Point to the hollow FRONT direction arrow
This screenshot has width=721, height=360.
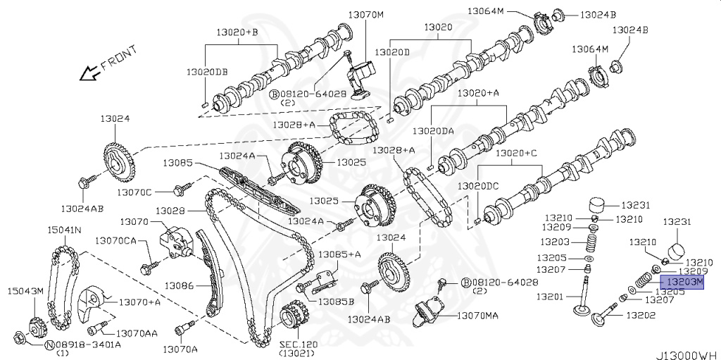(x=89, y=72)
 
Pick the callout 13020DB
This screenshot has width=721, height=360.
(x=207, y=73)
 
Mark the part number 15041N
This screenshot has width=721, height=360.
(x=64, y=230)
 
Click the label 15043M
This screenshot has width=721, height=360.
(x=25, y=292)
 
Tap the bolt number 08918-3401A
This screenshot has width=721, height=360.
(x=87, y=345)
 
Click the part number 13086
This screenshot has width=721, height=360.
(x=180, y=286)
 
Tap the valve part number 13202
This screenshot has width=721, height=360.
(x=641, y=315)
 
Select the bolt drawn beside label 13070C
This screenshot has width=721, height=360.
(x=182, y=188)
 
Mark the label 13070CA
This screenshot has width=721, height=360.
(x=115, y=241)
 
